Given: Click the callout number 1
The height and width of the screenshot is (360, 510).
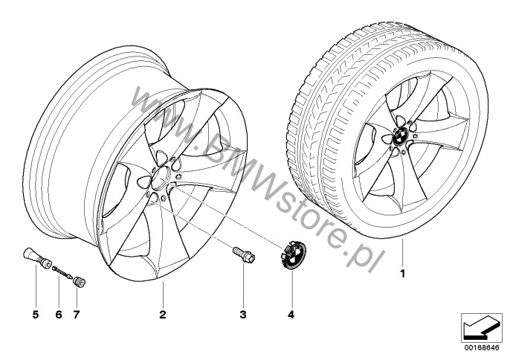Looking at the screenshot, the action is click(403, 274).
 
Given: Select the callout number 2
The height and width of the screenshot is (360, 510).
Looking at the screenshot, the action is click(163, 315).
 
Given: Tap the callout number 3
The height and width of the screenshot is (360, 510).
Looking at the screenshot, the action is click(243, 315).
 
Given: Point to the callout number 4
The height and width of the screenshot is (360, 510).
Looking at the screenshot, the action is click(291, 315).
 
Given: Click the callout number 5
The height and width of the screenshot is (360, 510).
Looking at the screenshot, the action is click(36, 315).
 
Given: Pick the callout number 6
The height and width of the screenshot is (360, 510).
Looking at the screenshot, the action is click(59, 315).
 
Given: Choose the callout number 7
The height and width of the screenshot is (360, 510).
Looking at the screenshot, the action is click(77, 315).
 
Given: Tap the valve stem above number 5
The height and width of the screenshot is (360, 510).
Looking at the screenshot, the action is click(36, 258).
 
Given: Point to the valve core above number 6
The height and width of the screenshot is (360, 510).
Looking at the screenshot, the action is click(62, 271).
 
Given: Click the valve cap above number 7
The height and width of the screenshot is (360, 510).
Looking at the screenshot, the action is click(79, 280).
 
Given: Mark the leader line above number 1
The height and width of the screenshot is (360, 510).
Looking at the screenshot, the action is click(402, 253).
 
